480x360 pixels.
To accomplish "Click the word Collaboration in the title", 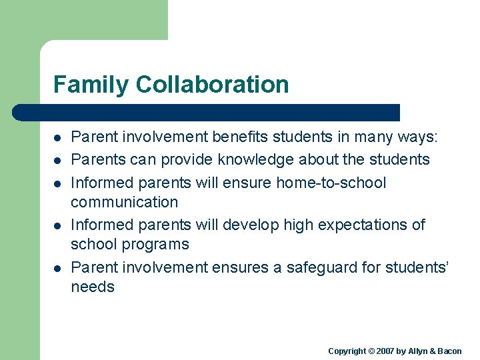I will pyautogui.click(x=212, y=85).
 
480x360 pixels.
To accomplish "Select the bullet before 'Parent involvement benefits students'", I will pyautogui.click(x=58, y=138).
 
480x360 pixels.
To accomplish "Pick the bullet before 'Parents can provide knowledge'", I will pyautogui.click(x=58, y=160).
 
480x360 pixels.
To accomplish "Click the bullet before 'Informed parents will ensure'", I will pyautogui.click(x=58, y=183).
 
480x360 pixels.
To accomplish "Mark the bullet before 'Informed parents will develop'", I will pyautogui.click(x=58, y=225).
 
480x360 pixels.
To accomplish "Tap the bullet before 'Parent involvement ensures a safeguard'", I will pyautogui.click(x=58, y=268).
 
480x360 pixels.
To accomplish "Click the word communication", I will pyautogui.click(x=124, y=202).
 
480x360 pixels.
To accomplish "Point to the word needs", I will pyautogui.click(x=93, y=287).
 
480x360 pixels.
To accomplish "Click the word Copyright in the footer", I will pyautogui.click(x=347, y=351).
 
